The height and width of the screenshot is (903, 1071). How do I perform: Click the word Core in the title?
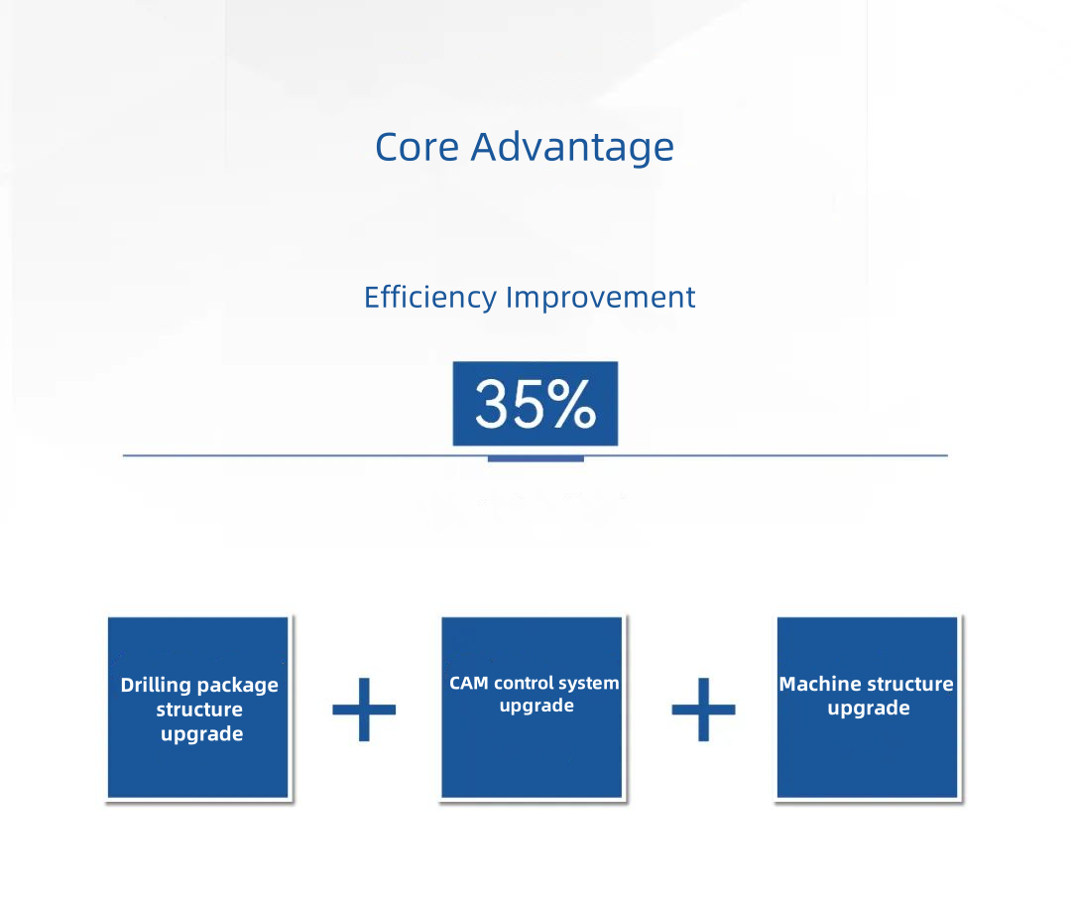click(416, 147)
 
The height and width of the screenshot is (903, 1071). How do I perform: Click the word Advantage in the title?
click(572, 148)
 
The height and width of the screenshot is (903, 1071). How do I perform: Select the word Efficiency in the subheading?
click(430, 298)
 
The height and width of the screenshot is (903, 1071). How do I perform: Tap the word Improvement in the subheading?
click(600, 298)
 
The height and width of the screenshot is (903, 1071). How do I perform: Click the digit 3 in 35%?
click(492, 405)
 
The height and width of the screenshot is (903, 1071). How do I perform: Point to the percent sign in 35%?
click(572, 405)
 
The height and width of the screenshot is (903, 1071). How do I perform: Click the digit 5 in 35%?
click(528, 405)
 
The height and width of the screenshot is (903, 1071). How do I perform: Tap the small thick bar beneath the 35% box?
click(535, 458)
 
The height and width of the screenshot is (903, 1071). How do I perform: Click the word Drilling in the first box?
click(157, 685)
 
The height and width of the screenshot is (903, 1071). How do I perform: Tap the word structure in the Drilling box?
click(199, 709)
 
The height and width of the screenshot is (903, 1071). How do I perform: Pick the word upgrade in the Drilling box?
click(202, 735)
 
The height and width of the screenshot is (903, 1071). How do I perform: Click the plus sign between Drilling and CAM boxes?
click(364, 709)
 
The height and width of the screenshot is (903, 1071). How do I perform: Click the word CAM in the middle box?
click(468, 683)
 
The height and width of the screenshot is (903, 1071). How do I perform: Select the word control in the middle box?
click(524, 683)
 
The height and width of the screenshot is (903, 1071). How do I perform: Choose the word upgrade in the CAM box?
click(536, 707)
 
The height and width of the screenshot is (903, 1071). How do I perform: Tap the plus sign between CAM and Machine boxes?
click(703, 709)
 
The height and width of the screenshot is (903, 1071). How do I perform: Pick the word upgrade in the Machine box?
click(869, 709)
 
